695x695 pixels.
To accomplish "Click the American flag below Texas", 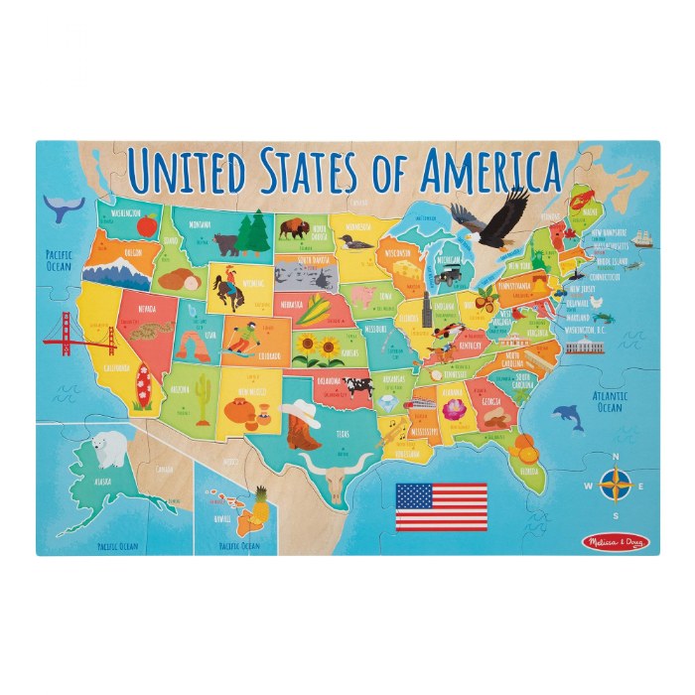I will click(x=441, y=506).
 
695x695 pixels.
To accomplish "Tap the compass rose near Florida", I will click(x=616, y=486).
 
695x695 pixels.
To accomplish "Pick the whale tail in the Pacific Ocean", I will click(x=65, y=208).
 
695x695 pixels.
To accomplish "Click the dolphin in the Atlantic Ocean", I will click(x=567, y=416).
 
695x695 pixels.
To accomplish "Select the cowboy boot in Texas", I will click(x=303, y=428).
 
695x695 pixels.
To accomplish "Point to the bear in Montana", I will click(x=227, y=242).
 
